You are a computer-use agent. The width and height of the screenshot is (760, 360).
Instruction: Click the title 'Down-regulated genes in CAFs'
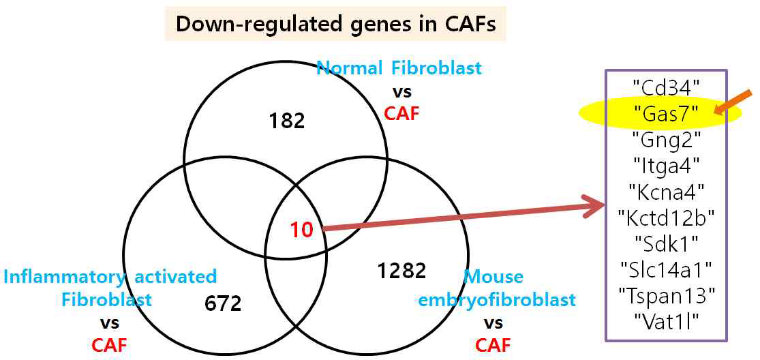[x=335, y=24]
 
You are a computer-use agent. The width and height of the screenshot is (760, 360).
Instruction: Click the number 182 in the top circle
[x=286, y=121]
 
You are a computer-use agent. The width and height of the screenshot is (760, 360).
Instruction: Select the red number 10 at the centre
[x=301, y=230]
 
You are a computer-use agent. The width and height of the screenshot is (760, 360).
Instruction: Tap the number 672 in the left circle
[x=223, y=303]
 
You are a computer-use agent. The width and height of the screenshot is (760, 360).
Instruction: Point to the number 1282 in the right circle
[x=401, y=271]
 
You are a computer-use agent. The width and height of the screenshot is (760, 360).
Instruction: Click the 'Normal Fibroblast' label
[x=399, y=68]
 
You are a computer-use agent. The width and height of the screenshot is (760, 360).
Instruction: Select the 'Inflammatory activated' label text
[x=110, y=277]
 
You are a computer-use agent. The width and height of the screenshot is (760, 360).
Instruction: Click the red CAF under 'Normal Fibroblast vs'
[x=402, y=112]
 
